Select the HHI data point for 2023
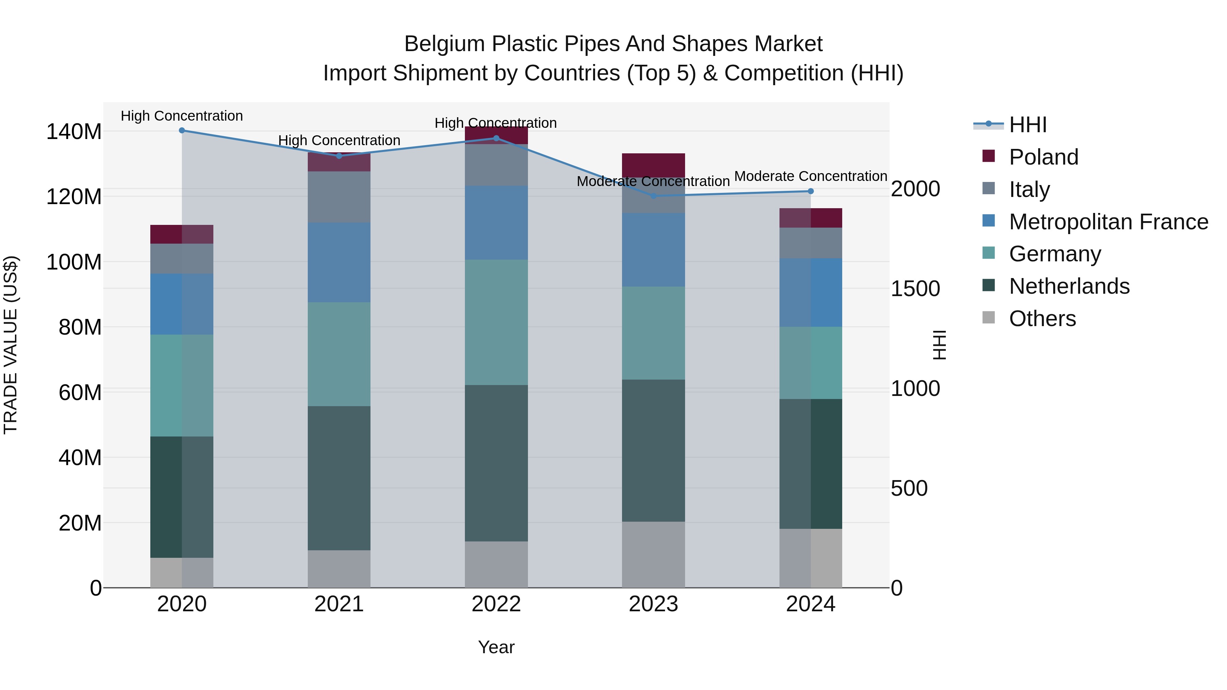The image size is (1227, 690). pos(653,196)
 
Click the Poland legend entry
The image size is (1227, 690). pos(1043,157)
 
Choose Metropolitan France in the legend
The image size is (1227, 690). pos(1108,222)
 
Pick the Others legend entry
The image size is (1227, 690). pos(1042,319)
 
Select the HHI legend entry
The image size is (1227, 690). pos(1027,125)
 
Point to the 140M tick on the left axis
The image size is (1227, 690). pos(74,132)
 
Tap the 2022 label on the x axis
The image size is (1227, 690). pos(496,604)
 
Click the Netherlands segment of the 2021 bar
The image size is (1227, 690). pos(339,478)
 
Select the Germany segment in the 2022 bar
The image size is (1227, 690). pos(496,322)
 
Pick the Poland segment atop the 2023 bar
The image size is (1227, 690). pos(653,165)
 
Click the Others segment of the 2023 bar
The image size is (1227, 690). pos(653,554)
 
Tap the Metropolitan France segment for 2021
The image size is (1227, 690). pos(339,262)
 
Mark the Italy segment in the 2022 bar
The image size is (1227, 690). pos(496,165)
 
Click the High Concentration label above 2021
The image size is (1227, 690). pos(339,140)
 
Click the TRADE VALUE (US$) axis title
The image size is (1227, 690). pos(11,345)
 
